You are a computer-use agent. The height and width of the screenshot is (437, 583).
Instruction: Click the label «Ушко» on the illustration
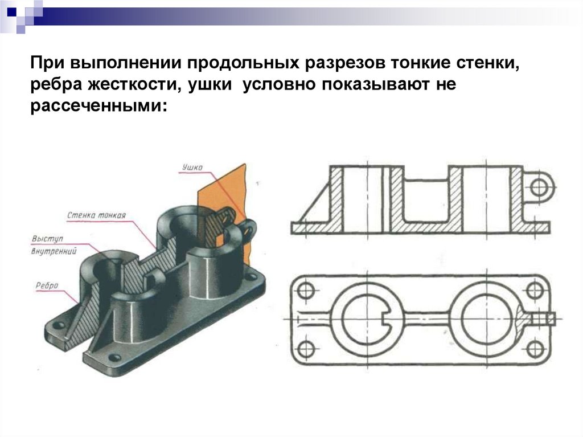pyautogui.click(x=192, y=168)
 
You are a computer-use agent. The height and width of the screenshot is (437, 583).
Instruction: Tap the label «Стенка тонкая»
pyautogui.click(x=96, y=215)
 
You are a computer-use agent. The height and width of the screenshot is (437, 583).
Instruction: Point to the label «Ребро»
pyautogui.click(x=46, y=286)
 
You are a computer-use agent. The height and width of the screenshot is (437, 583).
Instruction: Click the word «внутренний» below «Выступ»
pyautogui.click(x=54, y=250)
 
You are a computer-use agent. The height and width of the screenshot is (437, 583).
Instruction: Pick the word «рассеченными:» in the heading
pyautogui.click(x=100, y=105)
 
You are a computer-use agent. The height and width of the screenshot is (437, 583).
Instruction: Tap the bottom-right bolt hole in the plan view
pyautogui.click(x=534, y=348)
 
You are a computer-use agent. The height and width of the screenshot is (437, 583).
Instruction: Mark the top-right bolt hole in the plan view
pyautogui.click(x=534, y=290)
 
